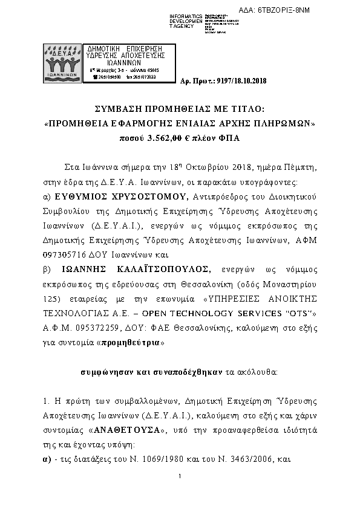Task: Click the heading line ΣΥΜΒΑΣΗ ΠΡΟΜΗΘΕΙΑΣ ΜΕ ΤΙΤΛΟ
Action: click(x=180, y=109)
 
